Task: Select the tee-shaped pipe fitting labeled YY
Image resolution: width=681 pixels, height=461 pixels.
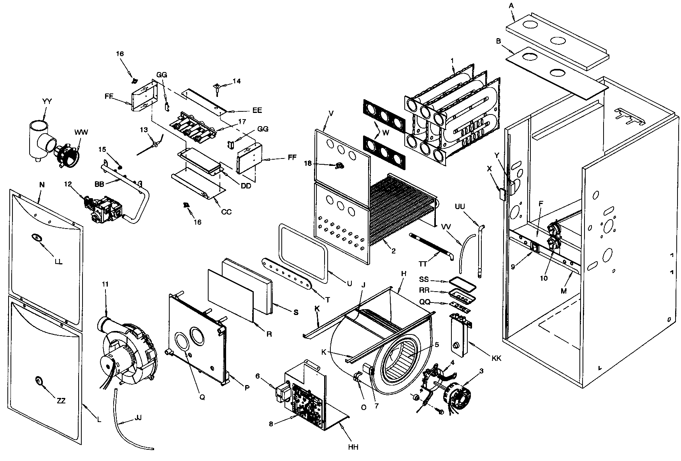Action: [x=39, y=140]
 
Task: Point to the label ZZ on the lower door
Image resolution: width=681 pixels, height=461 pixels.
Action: [x=61, y=401]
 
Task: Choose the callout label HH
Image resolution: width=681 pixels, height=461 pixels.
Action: [x=353, y=447]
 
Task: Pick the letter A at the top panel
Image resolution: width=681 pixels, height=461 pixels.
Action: [x=511, y=5]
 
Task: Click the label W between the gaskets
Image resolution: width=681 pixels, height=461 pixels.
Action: [x=386, y=132]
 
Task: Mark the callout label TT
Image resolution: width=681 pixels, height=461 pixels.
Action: [x=423, y=264]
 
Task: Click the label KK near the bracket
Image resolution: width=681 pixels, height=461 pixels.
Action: [x=496, y=358]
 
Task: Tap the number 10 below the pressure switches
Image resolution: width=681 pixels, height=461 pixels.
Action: [x=544, y=278]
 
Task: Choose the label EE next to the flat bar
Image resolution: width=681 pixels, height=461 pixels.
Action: [x=257, y=110]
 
